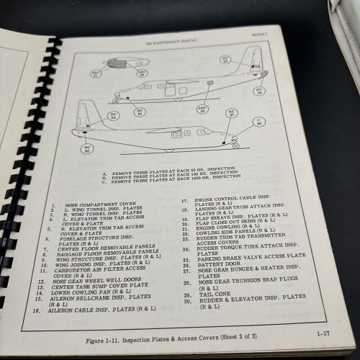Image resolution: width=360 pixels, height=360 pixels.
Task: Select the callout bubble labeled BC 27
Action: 231,113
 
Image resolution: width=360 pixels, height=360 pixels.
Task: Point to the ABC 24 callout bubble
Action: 203,108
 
